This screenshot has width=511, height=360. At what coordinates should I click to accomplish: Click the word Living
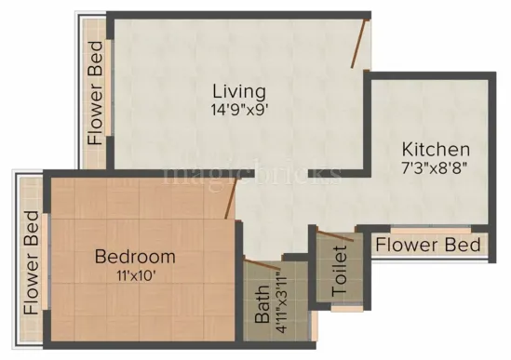pos(239,91)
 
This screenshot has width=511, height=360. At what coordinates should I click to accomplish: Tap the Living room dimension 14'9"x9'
pos(239,108)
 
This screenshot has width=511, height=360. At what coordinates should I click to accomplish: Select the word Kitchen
pos(436,150)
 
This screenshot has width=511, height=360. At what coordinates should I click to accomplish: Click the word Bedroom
pos(135,256)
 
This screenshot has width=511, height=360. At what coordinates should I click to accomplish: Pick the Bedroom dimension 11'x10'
pos(135,273)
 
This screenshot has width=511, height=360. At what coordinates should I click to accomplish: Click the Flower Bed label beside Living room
pos(95,93)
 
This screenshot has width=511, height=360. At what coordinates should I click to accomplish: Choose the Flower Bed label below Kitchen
pos(428,245)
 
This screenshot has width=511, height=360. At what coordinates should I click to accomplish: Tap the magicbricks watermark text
pos(252,173)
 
